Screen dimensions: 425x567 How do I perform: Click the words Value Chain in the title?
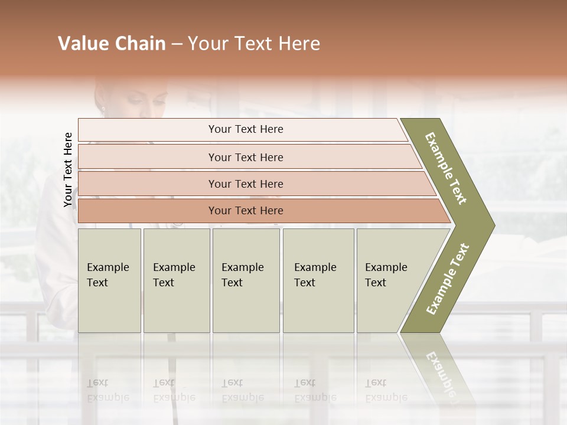click(112, 44)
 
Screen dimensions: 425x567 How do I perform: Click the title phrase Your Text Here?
click(254, 44)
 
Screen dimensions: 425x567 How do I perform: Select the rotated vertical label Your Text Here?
click(68, 169)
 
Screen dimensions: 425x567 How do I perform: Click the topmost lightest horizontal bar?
click(246, 129)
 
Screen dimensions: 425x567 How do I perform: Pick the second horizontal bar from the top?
click(246, 157)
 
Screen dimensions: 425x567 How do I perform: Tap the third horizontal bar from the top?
click(246, 184)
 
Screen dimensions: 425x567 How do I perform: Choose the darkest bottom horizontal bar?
click(246, 211)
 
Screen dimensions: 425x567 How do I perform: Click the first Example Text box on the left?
click(109, 280)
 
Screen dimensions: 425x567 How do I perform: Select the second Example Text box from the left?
click(176, 280)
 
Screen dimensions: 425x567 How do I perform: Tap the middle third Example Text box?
click(246, 280)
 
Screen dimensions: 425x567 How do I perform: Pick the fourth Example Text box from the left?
click(318, 280)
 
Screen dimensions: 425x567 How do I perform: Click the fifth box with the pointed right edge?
click(390, 280)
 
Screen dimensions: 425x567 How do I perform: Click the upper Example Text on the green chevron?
click(447, 168)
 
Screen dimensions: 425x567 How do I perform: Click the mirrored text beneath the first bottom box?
click(107, 390)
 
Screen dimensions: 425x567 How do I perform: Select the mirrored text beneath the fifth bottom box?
click(385, 390)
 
